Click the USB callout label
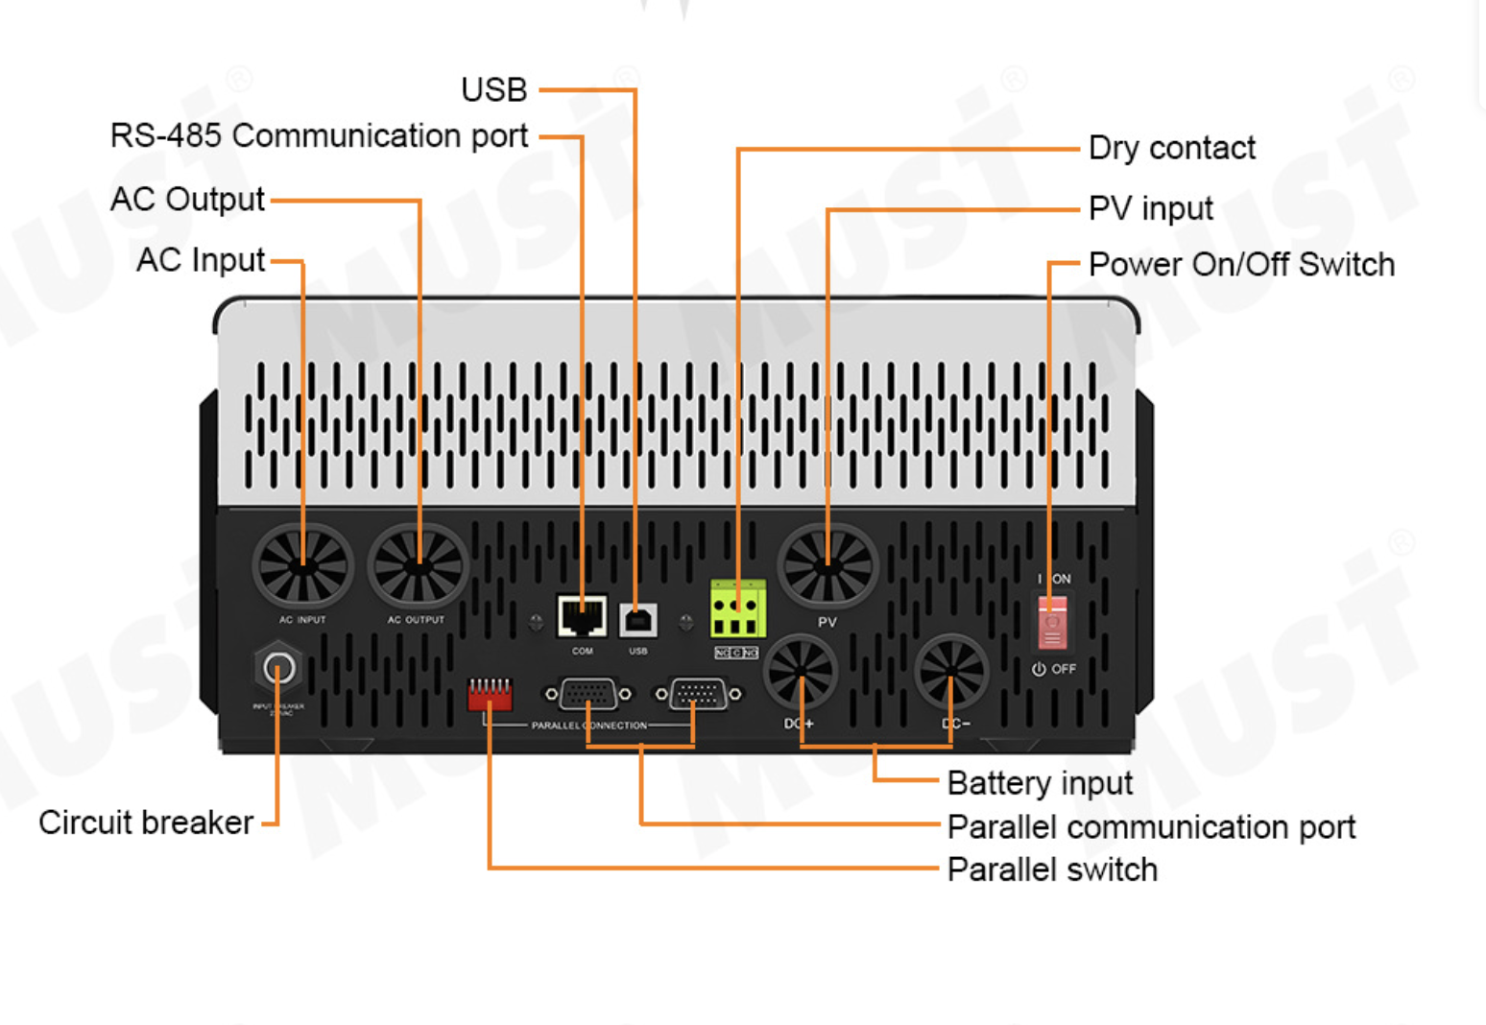coord(493,89)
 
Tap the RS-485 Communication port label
coord(319,136)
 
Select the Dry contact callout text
coord(1171,148)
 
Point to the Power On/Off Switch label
coord(1241,264)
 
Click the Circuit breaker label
coord(146,822)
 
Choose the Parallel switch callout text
coord(1052,870)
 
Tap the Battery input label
coord(1040,783)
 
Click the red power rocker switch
coord(1052,622)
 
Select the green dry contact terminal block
coord(737,609)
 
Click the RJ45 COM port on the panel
coord(582,616)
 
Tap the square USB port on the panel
coord(638,620)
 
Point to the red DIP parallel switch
coord(490,693)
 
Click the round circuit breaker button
coord(278,668)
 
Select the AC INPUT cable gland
coord(302,565)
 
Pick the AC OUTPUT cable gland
coord(418,566)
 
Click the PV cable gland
coord(827,566)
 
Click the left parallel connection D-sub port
coord(587,693)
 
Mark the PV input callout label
coord(1150,208)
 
